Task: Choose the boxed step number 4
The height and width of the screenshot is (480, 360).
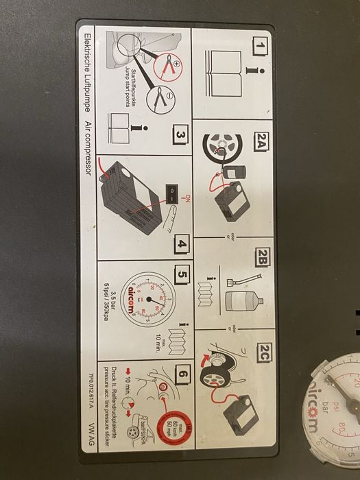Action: [180, 243]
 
